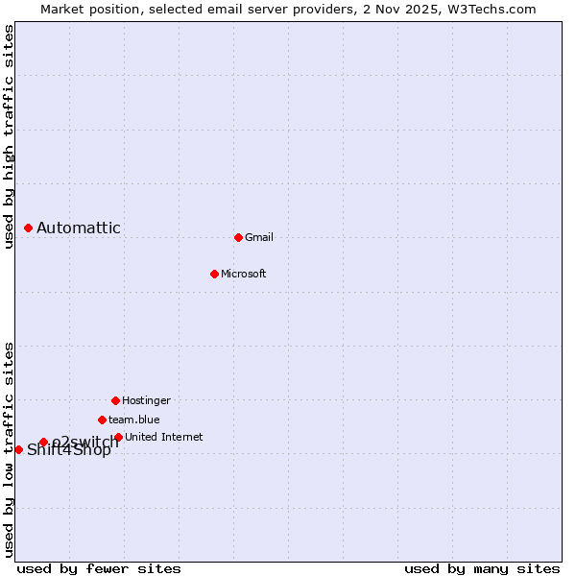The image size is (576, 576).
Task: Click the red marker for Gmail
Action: [x=238, y=237]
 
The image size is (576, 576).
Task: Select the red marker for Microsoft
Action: [x=214, y=274]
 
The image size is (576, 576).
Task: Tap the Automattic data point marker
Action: [x=29, y=228]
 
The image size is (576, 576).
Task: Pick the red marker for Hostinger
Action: [x=115, y=400]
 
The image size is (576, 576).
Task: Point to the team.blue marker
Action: [x=102, y=420]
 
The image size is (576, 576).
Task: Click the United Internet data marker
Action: [x=118, y=437]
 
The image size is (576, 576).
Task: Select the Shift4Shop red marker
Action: [x=18, y=449]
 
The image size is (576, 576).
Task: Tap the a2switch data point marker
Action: [x=43, y=442]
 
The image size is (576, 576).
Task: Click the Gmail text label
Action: [x=259, y=237]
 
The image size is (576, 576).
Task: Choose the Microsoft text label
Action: [x=244, y=274]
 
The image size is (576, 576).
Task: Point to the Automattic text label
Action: [x=79, y=228]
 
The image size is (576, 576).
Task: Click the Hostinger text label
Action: [x=146, y=400]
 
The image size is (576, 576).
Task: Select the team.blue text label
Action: [x=134, y=420]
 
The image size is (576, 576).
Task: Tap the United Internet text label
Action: [x=163, y=437]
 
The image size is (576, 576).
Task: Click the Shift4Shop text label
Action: [x=69, y=450]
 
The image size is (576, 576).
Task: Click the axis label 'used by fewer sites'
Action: [x=99, y=568]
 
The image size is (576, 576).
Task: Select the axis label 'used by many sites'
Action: [x=482, y=568]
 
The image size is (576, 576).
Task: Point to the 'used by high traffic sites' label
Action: [x=9, y=136]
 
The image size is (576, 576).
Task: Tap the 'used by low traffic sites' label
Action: [x=9, y=449]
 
